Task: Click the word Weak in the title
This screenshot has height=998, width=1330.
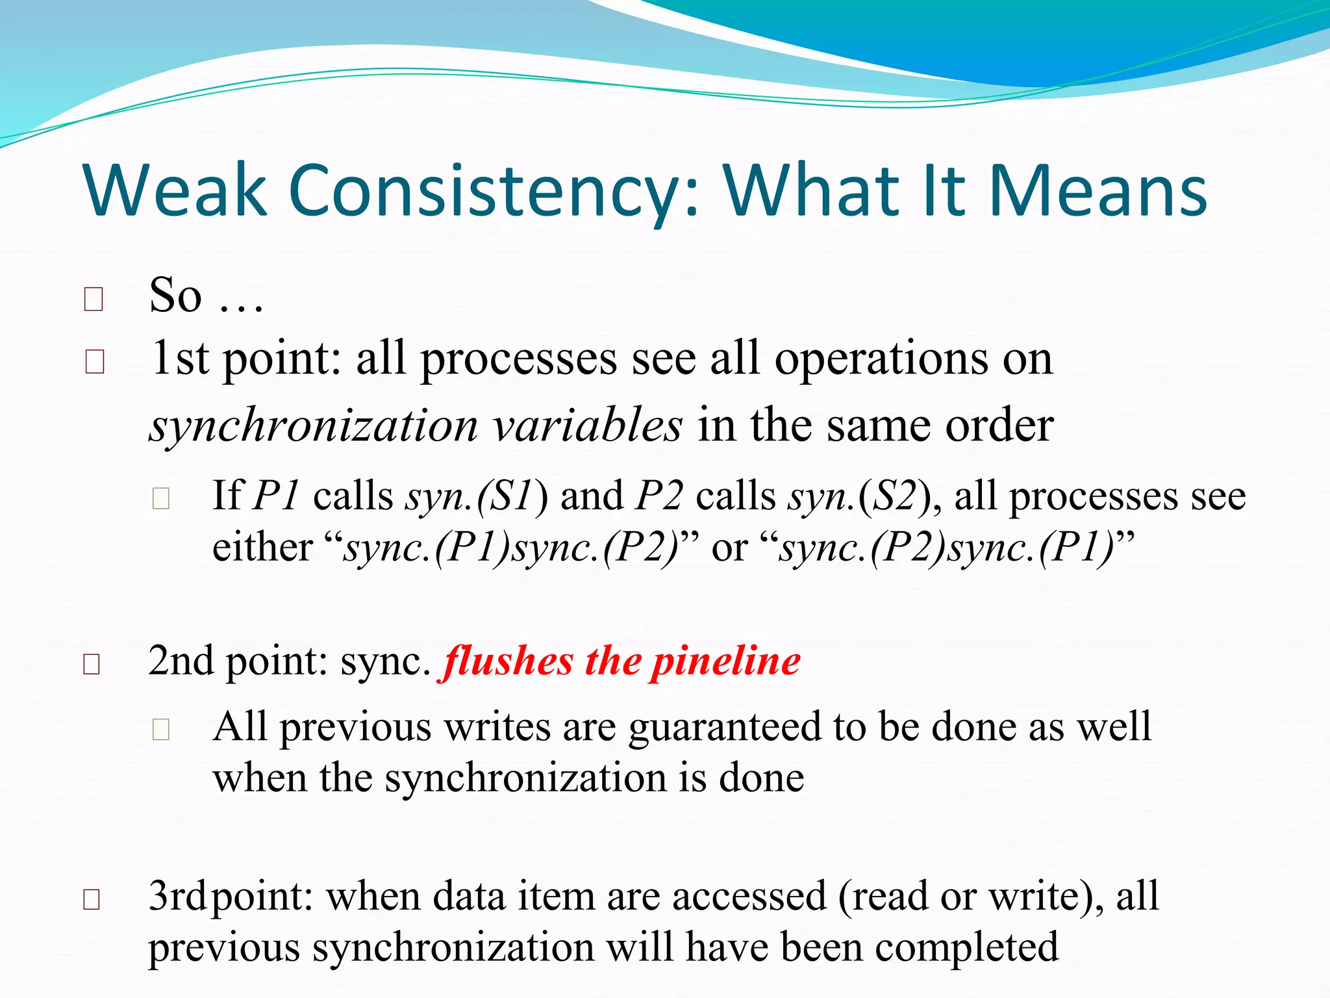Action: pyautogui.click(x=175, y=190)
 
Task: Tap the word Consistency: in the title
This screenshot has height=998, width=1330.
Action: pyautogui.click(x=494, y=190)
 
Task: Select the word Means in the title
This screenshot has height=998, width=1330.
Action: pyautogui.click(x=1098, y=190)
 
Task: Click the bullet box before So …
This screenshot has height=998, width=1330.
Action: pyautogui.click(x=94, y=300)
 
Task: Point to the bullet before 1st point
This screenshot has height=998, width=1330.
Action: pyautogui.click(x=95, y=362)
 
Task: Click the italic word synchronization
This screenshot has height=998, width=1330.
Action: pyautogui.click(x=313, y=426)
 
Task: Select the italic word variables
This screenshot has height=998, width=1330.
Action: pyautogui.click(x=586, y=426)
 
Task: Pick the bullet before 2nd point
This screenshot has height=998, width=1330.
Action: pyautogui.click(x=92, y=664)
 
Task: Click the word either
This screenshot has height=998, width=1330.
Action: pyautogui.click(x=262, y=547)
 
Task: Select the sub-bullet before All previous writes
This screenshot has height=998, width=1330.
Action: pyautogui.click(x=160, y=730)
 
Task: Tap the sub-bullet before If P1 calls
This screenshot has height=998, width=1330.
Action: pyautogui.click(x=160, y=499)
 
